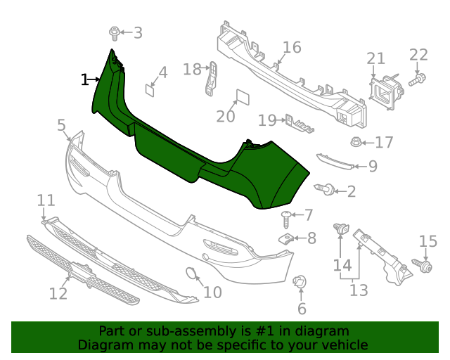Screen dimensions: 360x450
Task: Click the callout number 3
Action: [138, 32]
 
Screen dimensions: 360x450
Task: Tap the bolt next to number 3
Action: [115, 32]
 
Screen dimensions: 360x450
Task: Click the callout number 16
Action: [292, 48]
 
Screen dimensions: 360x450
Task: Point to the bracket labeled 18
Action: [210, 78]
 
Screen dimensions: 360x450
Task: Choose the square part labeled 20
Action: [241, 97]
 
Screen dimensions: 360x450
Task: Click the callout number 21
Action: [376, 59]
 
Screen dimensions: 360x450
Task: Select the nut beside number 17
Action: [357, 143]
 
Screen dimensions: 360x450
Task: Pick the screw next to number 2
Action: [326, 188]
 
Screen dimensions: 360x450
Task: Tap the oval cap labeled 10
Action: [192, 275]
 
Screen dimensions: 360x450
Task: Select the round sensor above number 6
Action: [300, 283]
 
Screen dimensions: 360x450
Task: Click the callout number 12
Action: [58, 293]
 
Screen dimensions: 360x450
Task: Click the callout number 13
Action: [359, 290]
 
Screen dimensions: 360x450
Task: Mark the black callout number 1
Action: [85, 79]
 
